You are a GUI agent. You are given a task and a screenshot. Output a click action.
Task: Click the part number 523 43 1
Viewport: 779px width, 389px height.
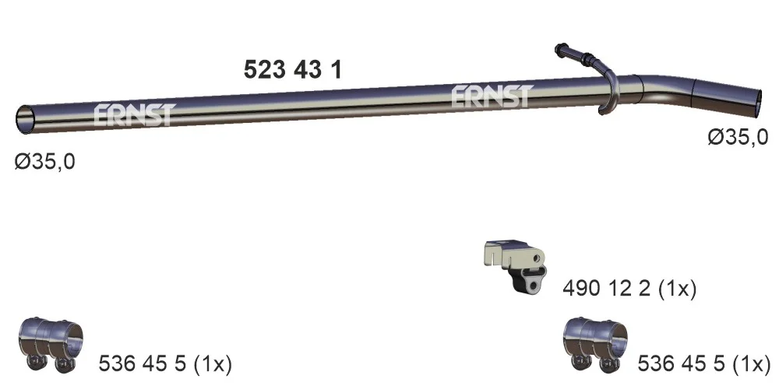pyautogui.click(x=293, y=69)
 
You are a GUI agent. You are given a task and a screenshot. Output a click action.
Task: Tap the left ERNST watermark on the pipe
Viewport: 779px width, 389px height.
pyautogui.click(x=135, y=114)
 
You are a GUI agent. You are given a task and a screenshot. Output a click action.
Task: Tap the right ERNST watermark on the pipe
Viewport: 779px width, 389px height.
pyautogui.click(x=492, y=96)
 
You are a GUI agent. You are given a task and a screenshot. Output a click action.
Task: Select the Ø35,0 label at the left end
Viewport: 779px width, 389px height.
pyautogui.click(x=44, y=161)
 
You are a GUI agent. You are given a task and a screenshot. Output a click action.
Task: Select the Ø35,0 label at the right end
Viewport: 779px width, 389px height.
pyautogui.click(x=738, y=136)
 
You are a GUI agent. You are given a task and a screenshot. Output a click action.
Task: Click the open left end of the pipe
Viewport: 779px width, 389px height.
pyautogui.click(x=24, y=120)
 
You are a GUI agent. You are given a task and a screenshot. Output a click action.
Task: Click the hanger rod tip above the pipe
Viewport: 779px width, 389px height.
pyautogui.click(x=559, y=48)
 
